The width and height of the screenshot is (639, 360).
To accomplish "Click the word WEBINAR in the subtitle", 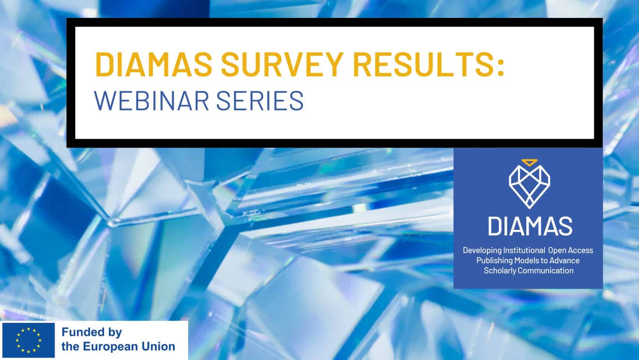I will tap(150, 100).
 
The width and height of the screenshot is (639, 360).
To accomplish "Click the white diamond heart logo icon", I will tap(529, 187).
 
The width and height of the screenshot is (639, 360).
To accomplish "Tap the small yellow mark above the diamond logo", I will tap(529, 161).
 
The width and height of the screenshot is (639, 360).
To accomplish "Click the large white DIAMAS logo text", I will tap(530, 226).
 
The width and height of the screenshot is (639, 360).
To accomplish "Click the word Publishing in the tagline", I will tap(493, 260).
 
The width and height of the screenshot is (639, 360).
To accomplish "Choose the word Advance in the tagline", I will tap(566, 260).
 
